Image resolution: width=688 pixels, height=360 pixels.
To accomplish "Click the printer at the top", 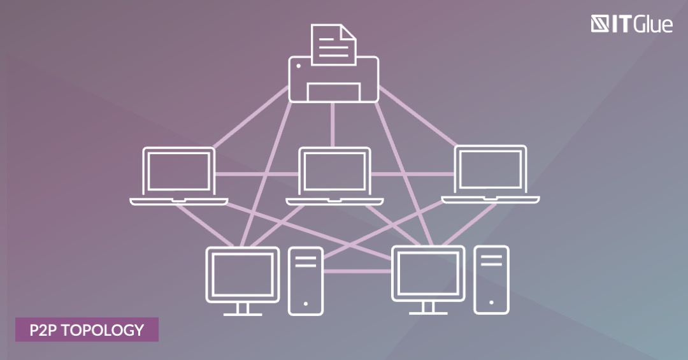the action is (x=333, y=79).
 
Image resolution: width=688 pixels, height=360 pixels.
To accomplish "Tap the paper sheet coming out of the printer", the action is (x=333, y=45).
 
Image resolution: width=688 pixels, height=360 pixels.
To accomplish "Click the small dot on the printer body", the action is (x=299, y=66).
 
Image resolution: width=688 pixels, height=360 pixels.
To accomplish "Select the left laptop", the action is (x=179, y=176).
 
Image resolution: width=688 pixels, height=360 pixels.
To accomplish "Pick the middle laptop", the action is (x=335, y=176).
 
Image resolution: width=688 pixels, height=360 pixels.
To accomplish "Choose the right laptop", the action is (x=491, y=175).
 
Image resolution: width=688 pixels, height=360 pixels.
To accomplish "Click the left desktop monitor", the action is (x=243, y=281).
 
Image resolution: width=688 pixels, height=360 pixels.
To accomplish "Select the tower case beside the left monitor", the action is (x=306, y=281).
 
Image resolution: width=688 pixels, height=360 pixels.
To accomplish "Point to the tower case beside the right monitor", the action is (x=491, y=280).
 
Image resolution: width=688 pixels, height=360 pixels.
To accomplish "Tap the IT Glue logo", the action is (x=631, y=24).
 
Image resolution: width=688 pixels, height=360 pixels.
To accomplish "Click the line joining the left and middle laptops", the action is (x=257, y=174).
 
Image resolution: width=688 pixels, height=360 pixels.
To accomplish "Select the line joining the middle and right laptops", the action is (x=412, y=174).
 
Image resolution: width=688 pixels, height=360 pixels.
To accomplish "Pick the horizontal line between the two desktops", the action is (x=357, y=271).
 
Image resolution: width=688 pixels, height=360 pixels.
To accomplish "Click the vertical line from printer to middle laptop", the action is (x=333, y=125).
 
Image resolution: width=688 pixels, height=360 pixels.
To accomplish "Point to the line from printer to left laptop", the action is (x=250, y=117).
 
